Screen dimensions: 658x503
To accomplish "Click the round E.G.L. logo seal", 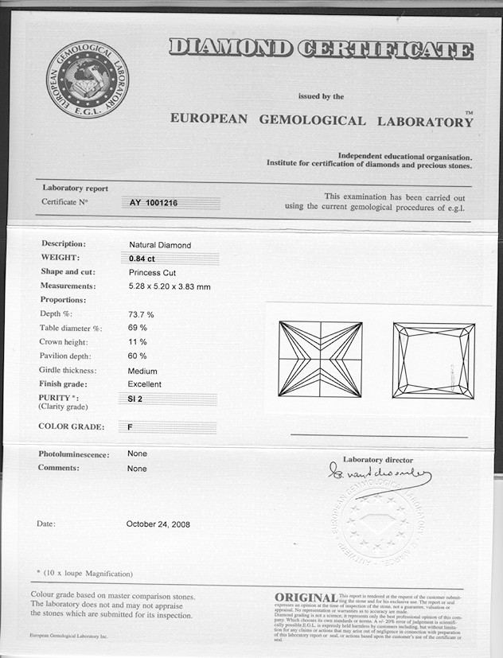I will pyautogui.click(x=87, y=79).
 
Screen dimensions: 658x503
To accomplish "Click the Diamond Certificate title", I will pyautogui.click(x=321, y=49).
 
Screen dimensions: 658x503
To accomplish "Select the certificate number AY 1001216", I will pyautogui.click(x=154, y=204).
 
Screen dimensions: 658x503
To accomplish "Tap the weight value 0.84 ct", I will pyautogui.click(x=142, y=259).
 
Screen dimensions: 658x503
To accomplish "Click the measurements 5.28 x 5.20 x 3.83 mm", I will pyautogui.click(x=169, y=286).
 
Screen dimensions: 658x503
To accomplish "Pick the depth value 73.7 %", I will pyautogui.click(x=141, y=315).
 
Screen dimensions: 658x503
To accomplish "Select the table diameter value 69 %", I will pyautogui.click(x=137, y=328).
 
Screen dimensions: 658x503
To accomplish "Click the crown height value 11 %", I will pyautogui.click(x=137, y=342).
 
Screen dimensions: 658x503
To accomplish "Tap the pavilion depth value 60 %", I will pyautogui.click(x=137, y=356).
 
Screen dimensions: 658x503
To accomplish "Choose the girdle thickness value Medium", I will pyautogui.click(x=142, y=371).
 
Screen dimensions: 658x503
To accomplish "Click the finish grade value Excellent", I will pyautogui.click(x=145, y=384).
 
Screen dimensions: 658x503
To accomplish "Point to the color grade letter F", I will pyautogui.click(x=130, y=427).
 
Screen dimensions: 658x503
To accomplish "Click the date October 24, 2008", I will pyautogui.click(x=158, y=524).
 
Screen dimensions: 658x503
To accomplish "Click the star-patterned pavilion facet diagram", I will pyautogui.click(x=320, y=359).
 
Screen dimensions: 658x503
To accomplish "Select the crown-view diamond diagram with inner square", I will pyautogui.click(x=433, y=360).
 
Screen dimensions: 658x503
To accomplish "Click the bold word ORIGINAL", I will pyautogui.click(x=305, y=598).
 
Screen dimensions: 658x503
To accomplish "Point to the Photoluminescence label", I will pyautogui.click(x=74, y=454).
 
